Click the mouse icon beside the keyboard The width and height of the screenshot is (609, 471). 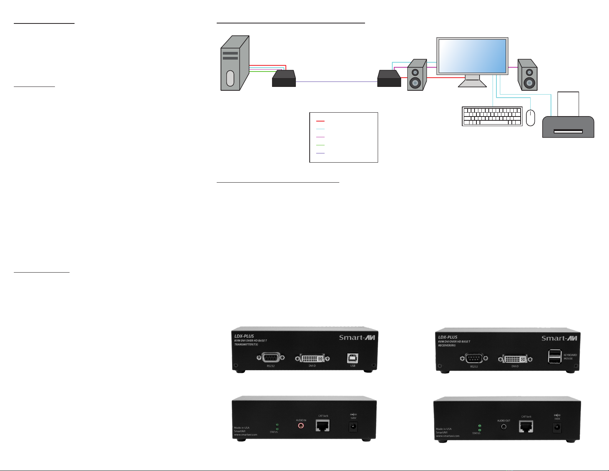[531, 118]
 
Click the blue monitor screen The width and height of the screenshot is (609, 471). [472, 56]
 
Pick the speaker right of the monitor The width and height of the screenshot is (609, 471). [527, 75]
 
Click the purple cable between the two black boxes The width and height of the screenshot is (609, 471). [336, 82]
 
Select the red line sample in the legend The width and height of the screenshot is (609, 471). [320, 121]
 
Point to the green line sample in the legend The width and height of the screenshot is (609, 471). [320, 145]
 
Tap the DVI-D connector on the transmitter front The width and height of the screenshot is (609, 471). [312, 358]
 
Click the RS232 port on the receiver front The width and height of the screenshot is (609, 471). [474, 359]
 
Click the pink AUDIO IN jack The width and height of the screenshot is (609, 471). [301, 426]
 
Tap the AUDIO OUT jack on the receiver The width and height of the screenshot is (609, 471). [504, 426]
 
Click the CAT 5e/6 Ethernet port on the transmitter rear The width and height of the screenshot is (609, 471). [323, 425]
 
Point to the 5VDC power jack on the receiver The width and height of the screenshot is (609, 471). [557, 427]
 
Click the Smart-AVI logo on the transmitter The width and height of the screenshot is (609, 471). [357, 338]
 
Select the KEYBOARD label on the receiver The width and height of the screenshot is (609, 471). [570, 355]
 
